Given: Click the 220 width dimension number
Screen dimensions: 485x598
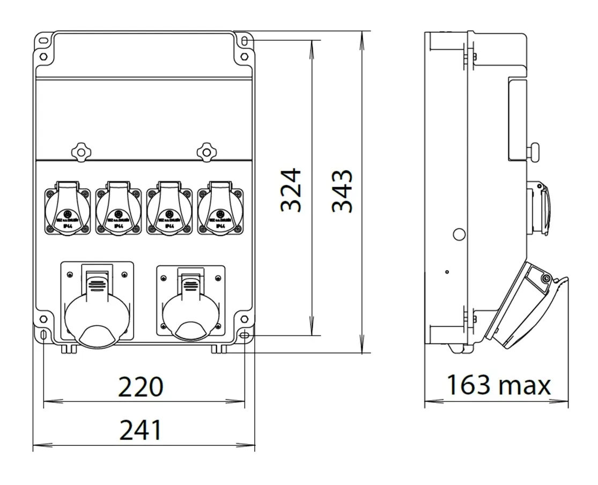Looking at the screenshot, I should [140, 387].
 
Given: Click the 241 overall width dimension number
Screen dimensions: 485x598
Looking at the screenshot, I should [140, 430].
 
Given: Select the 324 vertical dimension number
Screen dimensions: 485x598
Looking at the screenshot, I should [291, 191].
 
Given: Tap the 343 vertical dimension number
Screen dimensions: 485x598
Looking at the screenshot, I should [342, 191].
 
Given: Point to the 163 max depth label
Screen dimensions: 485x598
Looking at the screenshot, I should [498, 385].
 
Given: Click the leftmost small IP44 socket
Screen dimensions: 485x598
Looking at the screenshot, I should [67, 209].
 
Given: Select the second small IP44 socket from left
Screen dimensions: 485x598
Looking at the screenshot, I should [118, 209].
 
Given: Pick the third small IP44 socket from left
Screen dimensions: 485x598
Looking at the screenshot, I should [169, 209].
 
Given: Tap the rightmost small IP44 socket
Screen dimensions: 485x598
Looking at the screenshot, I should [219, 209].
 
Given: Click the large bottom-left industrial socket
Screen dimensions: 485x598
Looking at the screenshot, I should [97, 303].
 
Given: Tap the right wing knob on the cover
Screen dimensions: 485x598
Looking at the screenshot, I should [205, 151].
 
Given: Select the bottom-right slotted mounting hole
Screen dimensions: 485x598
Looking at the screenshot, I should [244, 335].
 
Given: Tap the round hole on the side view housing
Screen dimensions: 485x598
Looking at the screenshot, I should [459, 234].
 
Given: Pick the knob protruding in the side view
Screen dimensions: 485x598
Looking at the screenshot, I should [534, 153].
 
